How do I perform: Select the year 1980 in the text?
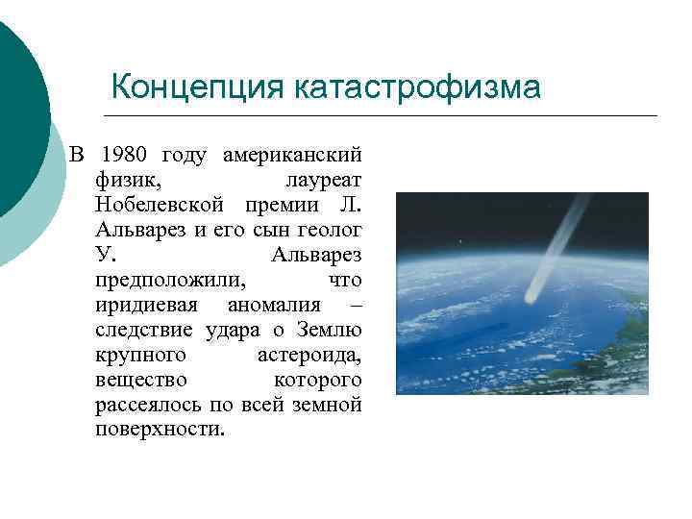point(124,154)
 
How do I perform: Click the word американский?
point(292,154)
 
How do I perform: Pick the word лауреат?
point(323,180)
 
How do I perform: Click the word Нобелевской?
point(160,205)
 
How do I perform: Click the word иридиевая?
point(147,305)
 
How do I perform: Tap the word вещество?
point(141,380)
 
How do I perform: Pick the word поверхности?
point(160,430)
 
